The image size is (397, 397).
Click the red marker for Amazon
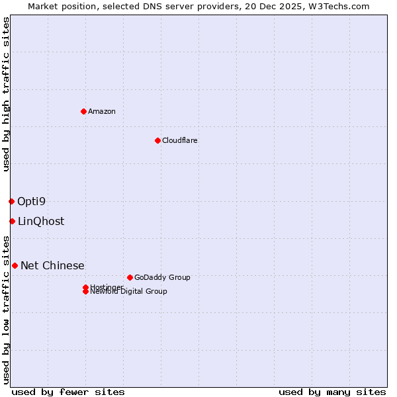pyautogui.click(x=83, y=111)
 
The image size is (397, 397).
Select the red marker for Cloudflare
pyautogui.click(x=157, y=140)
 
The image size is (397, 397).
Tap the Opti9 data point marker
pyautogui.click(x=11, y=201)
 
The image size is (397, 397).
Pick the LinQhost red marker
pyautogui.click(x=12, y=221)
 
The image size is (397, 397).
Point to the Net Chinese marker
pyautogui.click(x=15, y=265)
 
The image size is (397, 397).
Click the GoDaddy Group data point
pyautogui.click(x=130, y=277)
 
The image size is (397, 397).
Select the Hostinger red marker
pyautogui.click(x=85, y=287)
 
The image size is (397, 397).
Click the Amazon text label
pyautogui.click(x=102, y=111)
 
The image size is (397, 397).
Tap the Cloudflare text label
pyautogui.click(x=179, y=140)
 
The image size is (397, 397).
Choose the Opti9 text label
pyautogui.click(x=31, y=201)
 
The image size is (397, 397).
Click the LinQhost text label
pyautogui.click(x=41, y=221)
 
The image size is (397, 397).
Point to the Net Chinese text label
pyautogui.click(x=52, y=265)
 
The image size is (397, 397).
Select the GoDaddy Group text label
pyautogui.click(x=162, y=277)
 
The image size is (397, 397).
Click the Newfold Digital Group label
pyautogui.click(x=128, y=292)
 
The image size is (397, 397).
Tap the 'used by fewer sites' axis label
pyautogui.click(x=68, y=392)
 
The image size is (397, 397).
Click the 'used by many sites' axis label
pyautogui.click(x=332, y=392)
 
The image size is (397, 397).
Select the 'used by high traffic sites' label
pyautogui.click(x=6, y=94)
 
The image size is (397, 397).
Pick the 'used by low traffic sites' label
pyautogui.click(x=6, y=309)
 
